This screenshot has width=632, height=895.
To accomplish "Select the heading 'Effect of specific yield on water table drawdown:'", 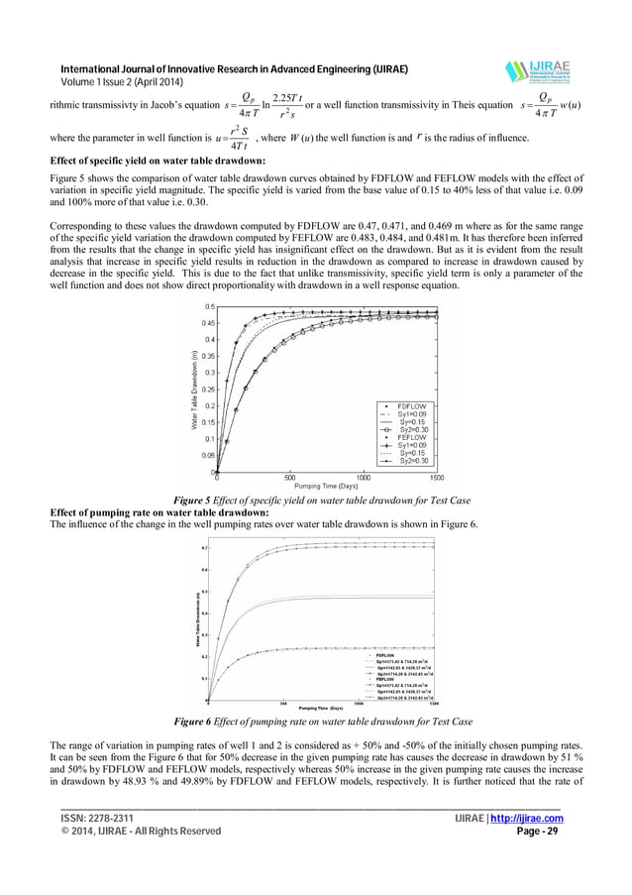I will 158,161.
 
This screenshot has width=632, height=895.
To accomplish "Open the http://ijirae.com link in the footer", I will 531,818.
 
